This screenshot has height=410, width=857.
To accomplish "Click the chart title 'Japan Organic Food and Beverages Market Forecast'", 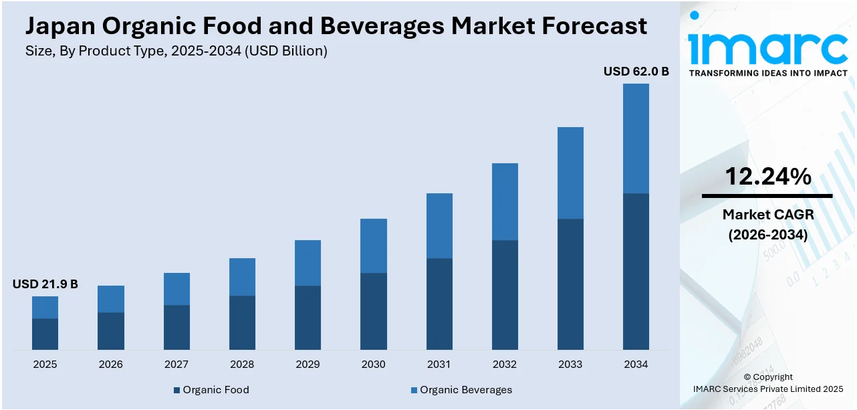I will (x=336, y=26).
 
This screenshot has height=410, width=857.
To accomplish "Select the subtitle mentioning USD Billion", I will (x=176, y=52).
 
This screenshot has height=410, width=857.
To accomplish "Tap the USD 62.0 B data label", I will (x=636, y=72).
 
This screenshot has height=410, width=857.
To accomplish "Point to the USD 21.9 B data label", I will (x=45, y=284).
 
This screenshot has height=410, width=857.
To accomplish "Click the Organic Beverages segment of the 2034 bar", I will (x=636, y=138).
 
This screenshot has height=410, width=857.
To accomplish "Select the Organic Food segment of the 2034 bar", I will (x=636, y=271).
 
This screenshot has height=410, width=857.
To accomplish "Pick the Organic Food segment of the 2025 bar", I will (x=45, y=334).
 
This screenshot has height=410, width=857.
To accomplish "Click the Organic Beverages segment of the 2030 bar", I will (x=374, y=245).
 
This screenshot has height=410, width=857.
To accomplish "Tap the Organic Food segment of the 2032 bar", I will (x=505, y=294).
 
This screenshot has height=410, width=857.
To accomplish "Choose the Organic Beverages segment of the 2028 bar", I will (x=242, y=277).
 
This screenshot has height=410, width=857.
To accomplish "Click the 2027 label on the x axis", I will (x=176, y=365).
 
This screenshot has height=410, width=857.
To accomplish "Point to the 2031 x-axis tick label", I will (x=439, y=365).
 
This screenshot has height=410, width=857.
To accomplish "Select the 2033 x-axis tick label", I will (x=570, y=365).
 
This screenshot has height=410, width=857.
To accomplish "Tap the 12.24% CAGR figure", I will (x=767, y=177).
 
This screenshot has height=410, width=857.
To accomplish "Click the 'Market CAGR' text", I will (x=767, y=215).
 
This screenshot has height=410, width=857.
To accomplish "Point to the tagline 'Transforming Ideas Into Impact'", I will (x=767, y=73).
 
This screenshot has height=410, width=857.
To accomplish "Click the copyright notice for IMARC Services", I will (x=767, y=383).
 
